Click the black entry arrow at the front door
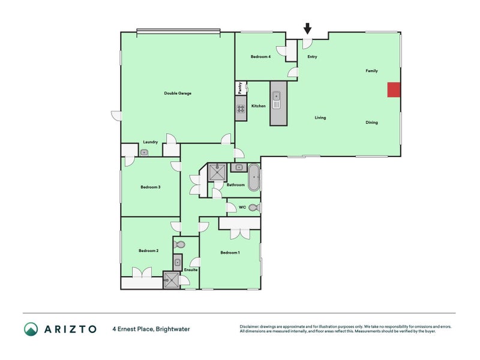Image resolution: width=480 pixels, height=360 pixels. (x=307, y=28)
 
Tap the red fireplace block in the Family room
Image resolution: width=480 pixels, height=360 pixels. (x=393, y=89)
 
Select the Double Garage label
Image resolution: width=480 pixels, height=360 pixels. (x=178, y=93)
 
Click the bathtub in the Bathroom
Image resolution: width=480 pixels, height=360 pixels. (x=254, y=178)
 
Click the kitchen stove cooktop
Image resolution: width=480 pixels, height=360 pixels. (x=240, y=109)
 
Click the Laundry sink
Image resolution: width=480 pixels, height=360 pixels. (x=144, y=152)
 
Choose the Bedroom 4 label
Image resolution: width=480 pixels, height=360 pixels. (x=260, y=56)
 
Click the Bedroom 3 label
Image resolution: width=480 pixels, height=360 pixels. (x=150, y=187)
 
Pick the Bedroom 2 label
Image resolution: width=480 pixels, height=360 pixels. (x=148, y=250)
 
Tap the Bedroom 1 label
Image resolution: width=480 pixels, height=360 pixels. (x=230, y=253)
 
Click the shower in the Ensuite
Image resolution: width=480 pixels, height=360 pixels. (x=171, y=280)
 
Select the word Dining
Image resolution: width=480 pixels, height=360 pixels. (x=372, y=122)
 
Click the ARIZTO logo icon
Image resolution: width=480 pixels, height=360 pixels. (x=31, y=329)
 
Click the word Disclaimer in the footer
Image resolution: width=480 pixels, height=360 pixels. (x=251, y=326)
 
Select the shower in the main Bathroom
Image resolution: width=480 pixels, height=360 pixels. (x=216, y=172)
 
